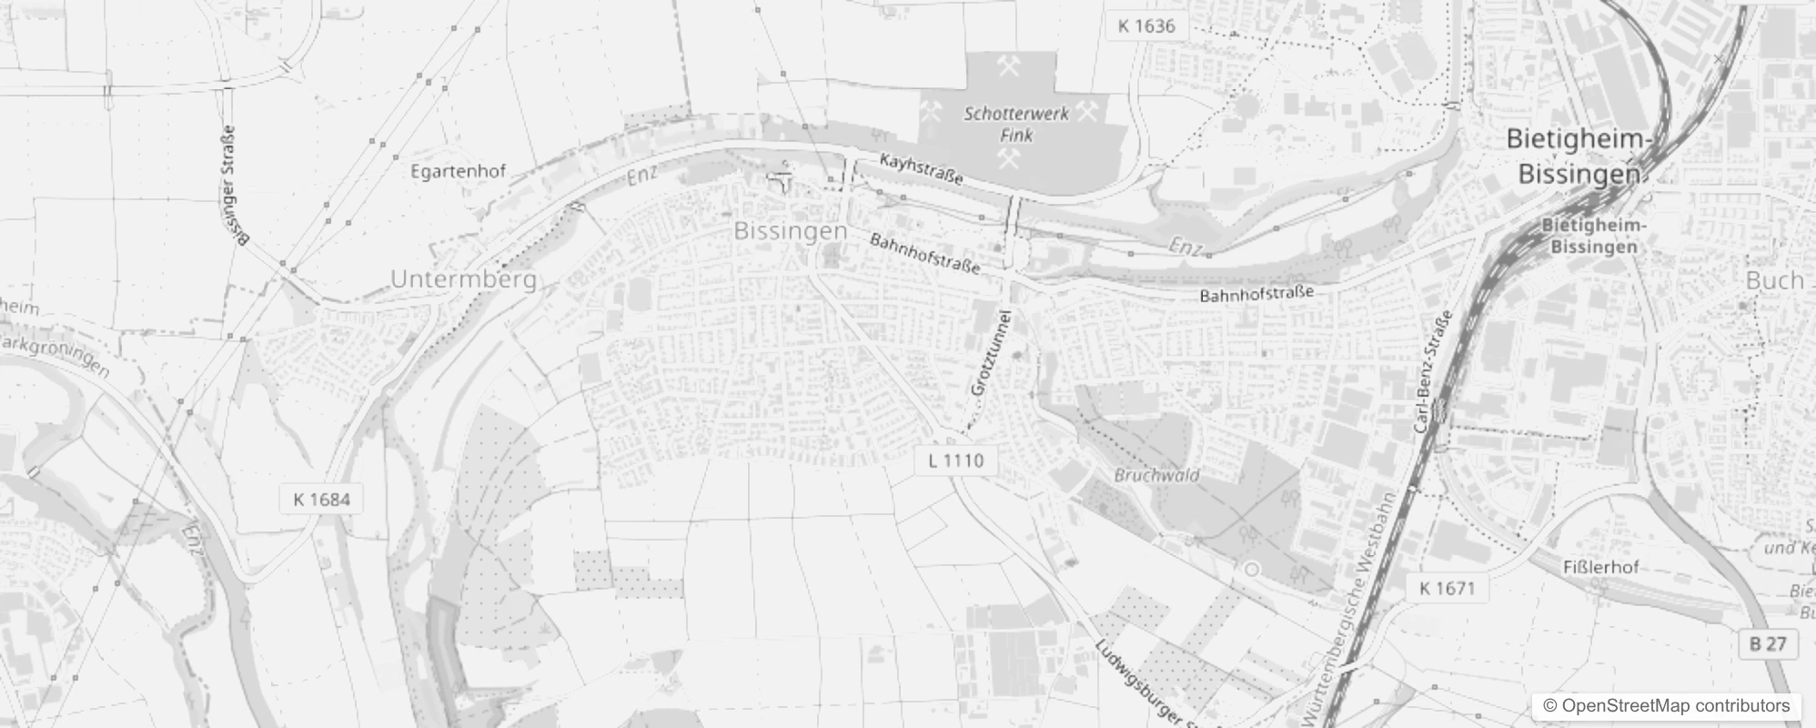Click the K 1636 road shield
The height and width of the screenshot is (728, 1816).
click(x=1146, y=26)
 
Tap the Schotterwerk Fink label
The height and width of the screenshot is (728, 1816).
click(x=1016, y=125)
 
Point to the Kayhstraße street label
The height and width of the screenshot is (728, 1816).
click(x=921, y=170)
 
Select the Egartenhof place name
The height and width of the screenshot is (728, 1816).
click(x=458, y=171)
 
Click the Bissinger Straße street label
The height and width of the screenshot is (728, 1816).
click(x=235, y=187)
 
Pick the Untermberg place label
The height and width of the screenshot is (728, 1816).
click(x=463, y=279)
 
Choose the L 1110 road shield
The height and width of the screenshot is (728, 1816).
click(x=955, y=460)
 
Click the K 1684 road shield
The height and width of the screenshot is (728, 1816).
click(x=321, y=500)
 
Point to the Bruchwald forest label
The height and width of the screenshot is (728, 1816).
click(x=1156, y=475)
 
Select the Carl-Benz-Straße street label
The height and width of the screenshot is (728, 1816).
click(x=1433, y=371)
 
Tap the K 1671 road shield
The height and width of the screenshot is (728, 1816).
click(x=1446, y=589)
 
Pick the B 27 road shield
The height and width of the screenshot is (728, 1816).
click(x=1767, y=644)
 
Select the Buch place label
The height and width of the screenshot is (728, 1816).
click(x=1774, y=281)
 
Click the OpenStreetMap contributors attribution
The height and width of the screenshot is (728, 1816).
click(x=1666, y=706)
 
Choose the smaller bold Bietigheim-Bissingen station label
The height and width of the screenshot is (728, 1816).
click(x=1593, y=236)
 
